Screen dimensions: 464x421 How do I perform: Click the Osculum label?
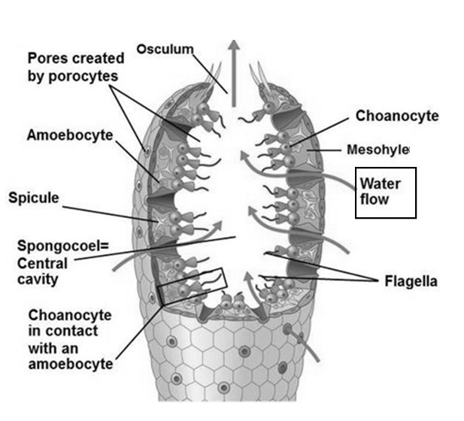click(165, 49)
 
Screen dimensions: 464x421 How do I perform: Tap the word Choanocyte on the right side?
click(397, 116)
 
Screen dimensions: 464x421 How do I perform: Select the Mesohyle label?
click(378, 150)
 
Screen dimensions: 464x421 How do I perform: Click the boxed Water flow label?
click(386, 192)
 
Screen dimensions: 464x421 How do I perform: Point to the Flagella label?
click(411, 281)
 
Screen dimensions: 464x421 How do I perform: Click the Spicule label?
click(34, 198)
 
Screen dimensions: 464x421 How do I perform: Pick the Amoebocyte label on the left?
click(70, 135)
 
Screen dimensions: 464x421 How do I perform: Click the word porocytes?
click(83, 77)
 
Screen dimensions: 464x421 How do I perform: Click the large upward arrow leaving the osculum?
click(234, 73)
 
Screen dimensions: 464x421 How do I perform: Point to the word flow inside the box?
click(375, 199)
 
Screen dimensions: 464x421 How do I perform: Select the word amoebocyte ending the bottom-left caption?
click(71, 364)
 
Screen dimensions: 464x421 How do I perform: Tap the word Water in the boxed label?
click(381, 183)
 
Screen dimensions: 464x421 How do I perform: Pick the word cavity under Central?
click(38, 280)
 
